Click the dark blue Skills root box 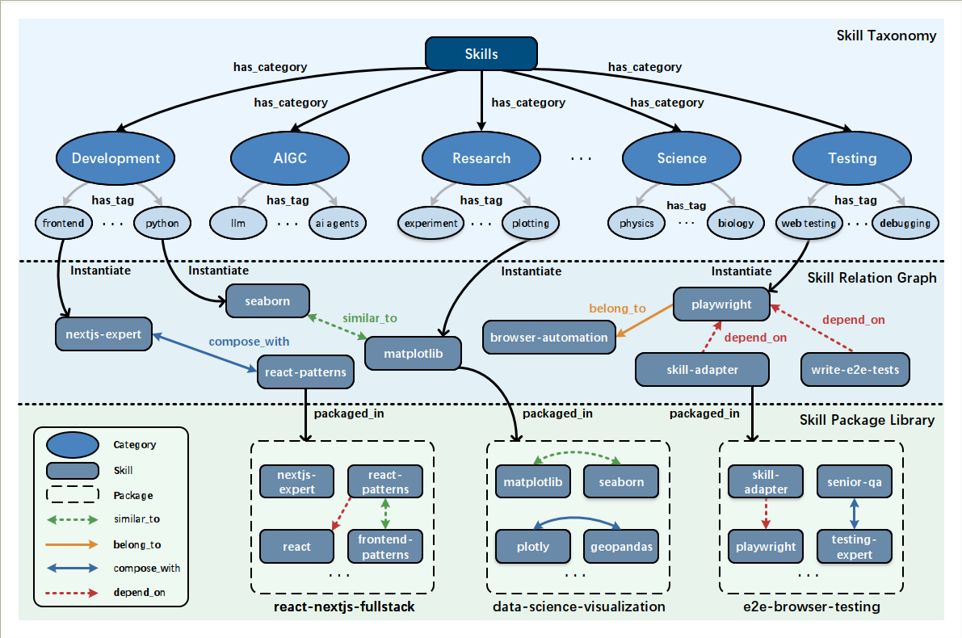tap(481, 54)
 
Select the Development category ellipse tap(116, 158)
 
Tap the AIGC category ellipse tap(290, 158)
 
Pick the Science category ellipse tap(682, 158)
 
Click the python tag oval tap(162, 223)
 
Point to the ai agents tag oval tap(338, 223)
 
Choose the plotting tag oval tap(531, 223)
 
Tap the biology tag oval tap(736, 223)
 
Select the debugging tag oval tap(905, 223)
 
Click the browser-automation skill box tap(549, 338)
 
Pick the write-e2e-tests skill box tap(855, 370)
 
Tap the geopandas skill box tap(621, 547)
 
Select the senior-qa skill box tap(854, 481)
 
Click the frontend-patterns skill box tap(385, 547)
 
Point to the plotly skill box tap(532, 547)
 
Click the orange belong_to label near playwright tap(617, 309)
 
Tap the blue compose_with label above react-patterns tap(249, 342)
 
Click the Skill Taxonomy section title tap(887, 36)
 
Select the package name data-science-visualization tap(578, 607)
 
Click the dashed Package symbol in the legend tap(73, 494)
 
